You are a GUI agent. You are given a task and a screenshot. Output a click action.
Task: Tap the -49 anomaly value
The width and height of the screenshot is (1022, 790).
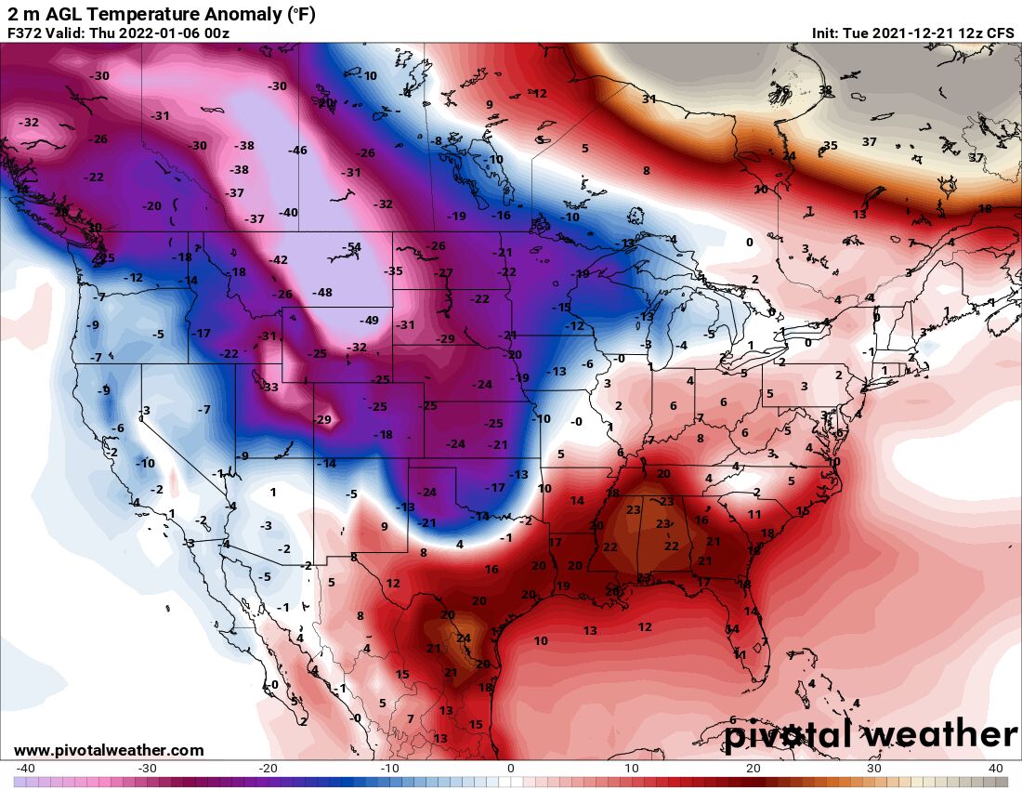click(x=370, y=321)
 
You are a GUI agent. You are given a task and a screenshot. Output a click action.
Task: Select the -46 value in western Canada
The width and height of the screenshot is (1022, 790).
click(x=297, y=151)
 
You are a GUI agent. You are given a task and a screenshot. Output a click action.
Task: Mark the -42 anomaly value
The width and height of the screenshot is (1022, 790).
click(x=278, y=260)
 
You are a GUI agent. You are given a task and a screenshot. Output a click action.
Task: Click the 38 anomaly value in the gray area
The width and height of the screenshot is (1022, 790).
click(x=826, y=90)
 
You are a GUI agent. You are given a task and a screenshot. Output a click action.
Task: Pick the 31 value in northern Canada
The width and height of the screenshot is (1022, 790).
click(x=649, y=99)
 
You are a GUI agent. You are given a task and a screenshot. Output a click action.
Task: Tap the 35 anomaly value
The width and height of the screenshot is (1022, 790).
click(x=830, y=146)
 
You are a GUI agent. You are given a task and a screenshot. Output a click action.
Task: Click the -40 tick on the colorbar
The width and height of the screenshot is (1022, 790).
click(x=26, y=769)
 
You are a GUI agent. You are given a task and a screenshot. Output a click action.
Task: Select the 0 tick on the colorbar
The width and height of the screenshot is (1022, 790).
click(x=510, y=769)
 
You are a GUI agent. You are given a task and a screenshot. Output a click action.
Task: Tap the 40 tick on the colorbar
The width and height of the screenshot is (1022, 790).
click(x=995, y=769)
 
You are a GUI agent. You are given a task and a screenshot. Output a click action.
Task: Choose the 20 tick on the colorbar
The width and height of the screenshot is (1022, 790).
click(x=753, y=769)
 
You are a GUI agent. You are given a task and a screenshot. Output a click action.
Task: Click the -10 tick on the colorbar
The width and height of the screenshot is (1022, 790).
click(x=389, y=769)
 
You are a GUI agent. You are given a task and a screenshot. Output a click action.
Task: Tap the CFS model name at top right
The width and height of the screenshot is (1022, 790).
click(x=1001, y=33)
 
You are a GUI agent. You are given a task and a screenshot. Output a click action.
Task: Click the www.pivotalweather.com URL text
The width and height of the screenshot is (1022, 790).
click(x=109, y=750)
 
